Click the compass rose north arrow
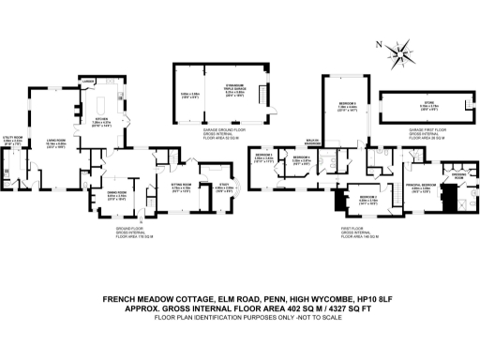coord(403,50)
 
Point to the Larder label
coord(87,82)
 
